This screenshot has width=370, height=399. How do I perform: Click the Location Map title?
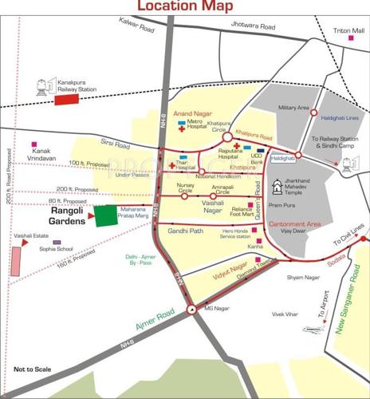(x=185, y=8)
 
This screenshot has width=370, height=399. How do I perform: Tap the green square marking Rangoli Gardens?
(x=104, y=216)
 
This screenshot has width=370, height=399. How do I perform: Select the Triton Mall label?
(x=344, y=30)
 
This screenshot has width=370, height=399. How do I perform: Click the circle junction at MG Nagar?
(x=191, y=310)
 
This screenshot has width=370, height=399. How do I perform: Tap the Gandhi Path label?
(x=187, y=230)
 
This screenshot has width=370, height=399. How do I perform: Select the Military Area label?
(x=292, y=107)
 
